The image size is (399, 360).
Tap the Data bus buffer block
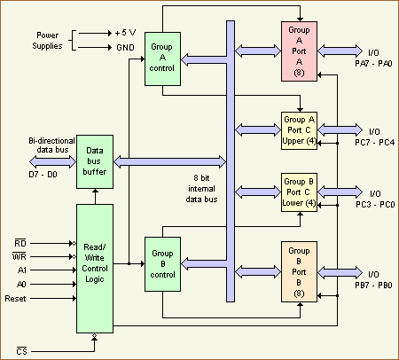[x=95, y=162]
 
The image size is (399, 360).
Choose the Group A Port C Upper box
[x=299, y=129]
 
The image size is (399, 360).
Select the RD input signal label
[x=20, y=240]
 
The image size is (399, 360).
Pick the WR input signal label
[x=20, y=256]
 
